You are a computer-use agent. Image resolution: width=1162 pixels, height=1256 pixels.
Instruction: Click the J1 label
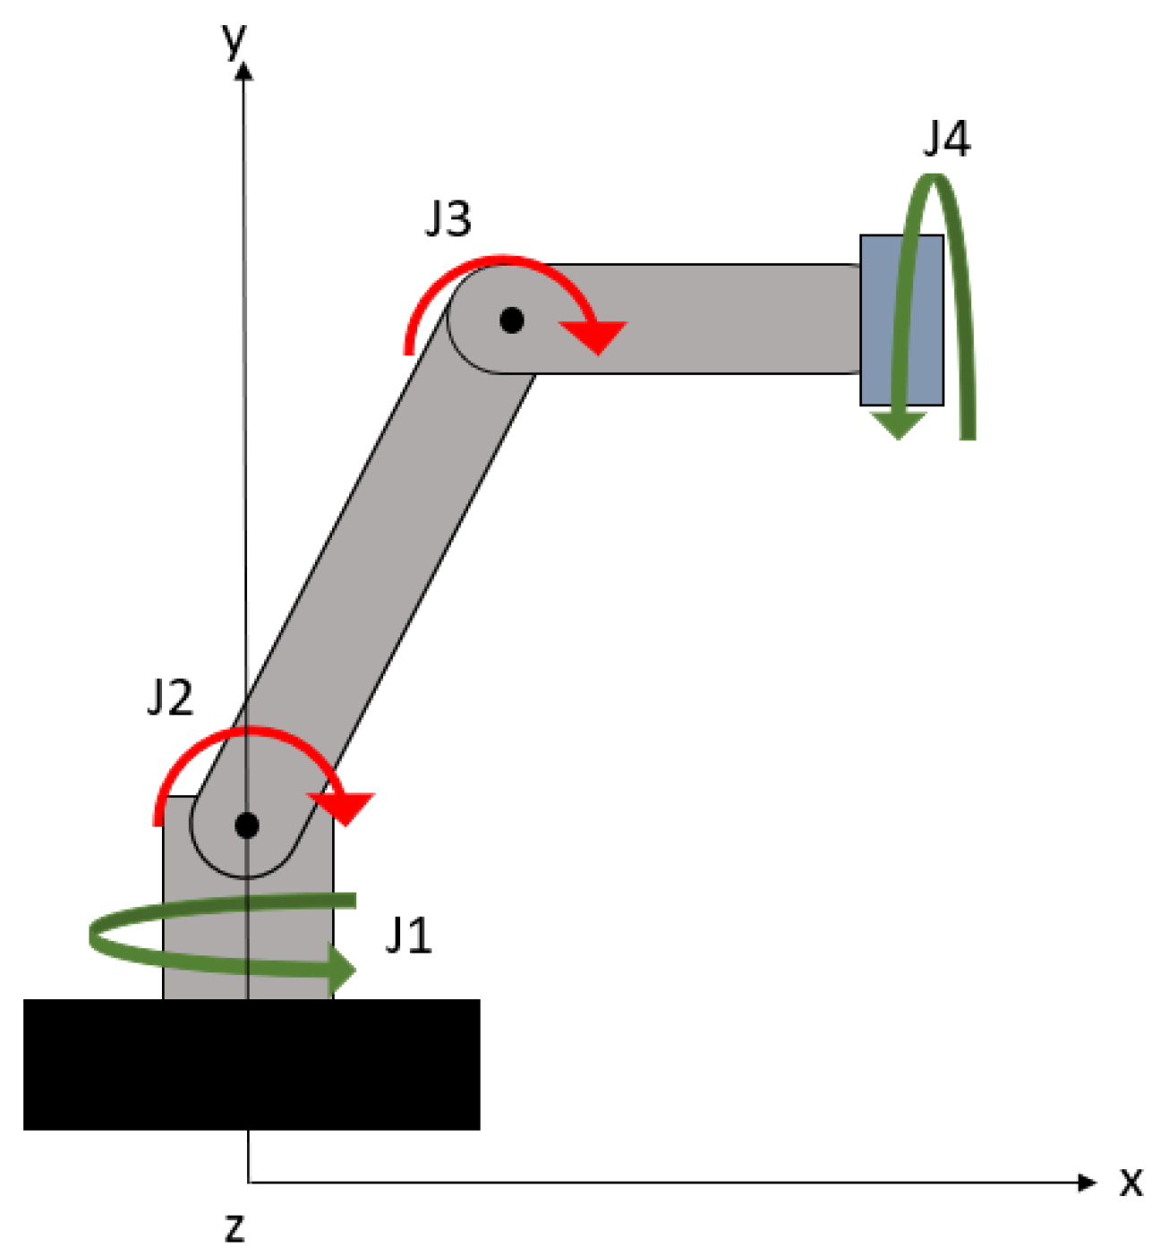[x=408, y=936]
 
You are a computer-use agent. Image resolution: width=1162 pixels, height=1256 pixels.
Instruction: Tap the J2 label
[x=170, y=697]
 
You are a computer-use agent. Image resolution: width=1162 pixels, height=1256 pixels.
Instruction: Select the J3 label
[x=448, y=217]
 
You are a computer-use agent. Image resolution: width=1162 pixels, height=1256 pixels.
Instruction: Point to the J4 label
[x=946, y=139]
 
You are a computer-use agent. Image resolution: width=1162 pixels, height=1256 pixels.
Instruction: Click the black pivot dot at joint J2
[x=247, y=825]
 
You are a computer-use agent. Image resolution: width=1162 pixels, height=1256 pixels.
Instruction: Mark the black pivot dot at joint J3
[x=511, y=319]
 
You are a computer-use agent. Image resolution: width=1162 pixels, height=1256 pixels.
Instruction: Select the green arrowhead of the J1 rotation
[x=343, y=969]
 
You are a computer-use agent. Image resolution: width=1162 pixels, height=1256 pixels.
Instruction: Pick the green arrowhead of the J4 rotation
[x=898, y=424]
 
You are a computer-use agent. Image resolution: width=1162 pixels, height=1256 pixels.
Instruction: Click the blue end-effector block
[x=901, y=319]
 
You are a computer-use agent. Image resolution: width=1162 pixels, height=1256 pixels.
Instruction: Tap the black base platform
[x=251, y=1065]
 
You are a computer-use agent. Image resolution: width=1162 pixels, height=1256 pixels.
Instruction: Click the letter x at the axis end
[x=1132, y=1183]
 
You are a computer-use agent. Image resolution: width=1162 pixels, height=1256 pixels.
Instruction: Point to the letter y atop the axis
[x=235, y=38]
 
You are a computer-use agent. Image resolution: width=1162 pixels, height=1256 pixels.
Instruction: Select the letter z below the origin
[x=235, y=1227]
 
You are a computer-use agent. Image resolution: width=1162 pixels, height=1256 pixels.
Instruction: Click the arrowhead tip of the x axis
[x=1094, y=1183]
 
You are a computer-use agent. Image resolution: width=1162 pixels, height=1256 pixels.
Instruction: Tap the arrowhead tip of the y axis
[x=244, y=64]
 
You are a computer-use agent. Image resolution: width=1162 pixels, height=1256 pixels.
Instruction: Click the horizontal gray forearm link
[x=698, y=318]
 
